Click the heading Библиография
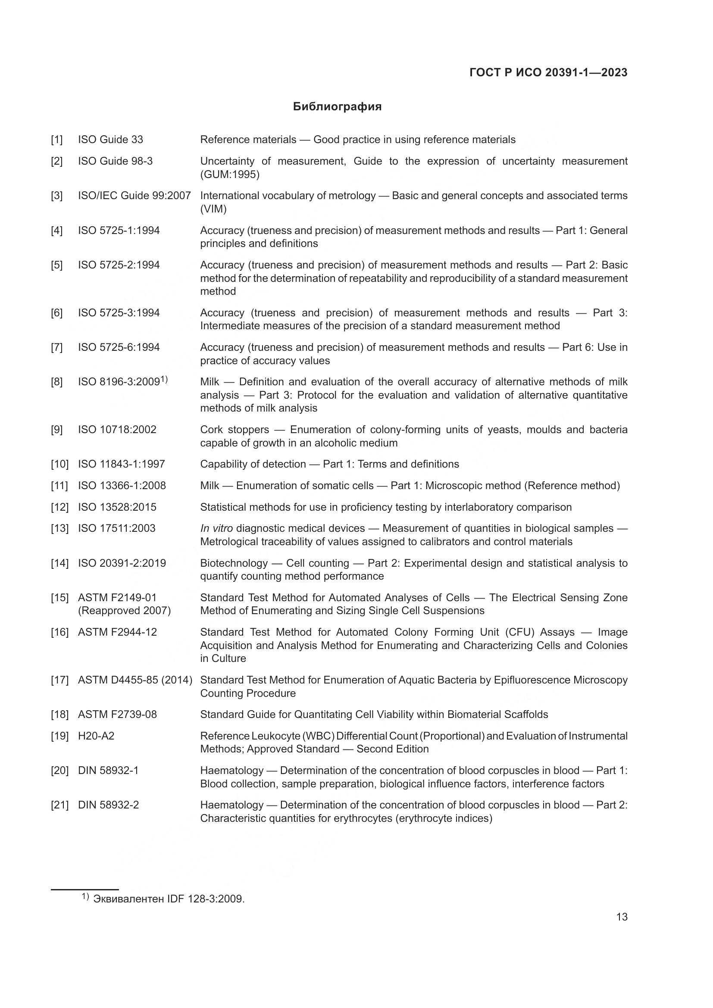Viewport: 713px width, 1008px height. pos(337,107)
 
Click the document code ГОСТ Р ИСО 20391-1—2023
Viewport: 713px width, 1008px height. pos(548,72)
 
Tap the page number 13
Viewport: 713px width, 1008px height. pos(622,917)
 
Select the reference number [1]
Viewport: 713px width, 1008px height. pos(56,140)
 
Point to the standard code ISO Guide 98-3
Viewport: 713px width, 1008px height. pos(115,161)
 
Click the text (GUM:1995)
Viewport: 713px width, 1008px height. pos(230,175)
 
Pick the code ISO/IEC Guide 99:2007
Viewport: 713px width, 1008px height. pos(134,195)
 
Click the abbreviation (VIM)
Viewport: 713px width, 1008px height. pos(213,209)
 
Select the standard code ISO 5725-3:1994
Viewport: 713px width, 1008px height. pos(119,312)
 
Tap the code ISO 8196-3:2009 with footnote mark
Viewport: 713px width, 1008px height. pos(122,381)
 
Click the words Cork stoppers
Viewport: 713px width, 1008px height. pos(235,429)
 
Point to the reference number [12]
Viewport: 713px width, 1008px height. pos(60,507)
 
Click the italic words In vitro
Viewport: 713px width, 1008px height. pos(216,528)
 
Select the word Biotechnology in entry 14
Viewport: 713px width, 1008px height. pos(234,563)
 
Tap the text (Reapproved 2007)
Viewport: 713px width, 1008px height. pos(124,611)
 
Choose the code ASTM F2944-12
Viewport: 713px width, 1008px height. pos(117,632)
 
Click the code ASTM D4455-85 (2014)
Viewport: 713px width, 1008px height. pos(135,680)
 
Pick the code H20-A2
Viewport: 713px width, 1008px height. pos(96,736)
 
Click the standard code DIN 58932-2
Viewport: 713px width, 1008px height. pos(108,805)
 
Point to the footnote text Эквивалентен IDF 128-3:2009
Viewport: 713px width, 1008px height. pos(169,899)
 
